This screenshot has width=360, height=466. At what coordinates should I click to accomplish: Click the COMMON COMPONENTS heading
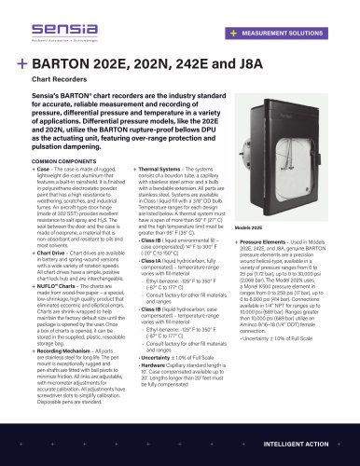[60, 160]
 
